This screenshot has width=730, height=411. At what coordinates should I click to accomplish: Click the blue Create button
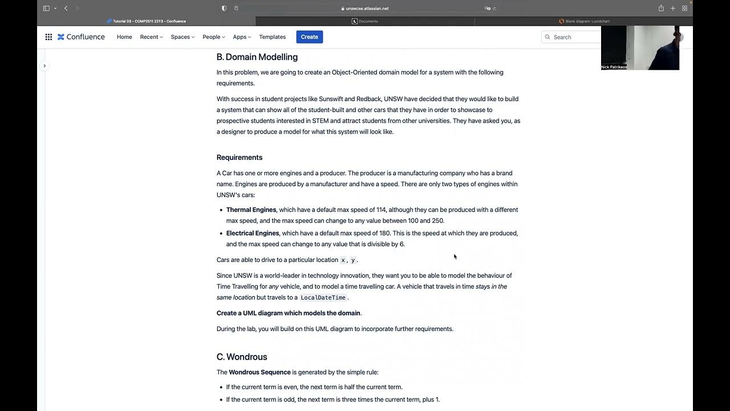click(x=309, y=37)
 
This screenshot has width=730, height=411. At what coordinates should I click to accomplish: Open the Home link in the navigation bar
click(x=124, y=37)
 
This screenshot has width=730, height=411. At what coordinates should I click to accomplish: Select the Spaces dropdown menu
click(x=182, y=37)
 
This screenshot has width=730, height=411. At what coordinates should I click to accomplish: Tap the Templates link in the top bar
click(x=272, y=37)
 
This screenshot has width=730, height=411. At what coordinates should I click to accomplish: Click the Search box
click(x=570, y=37)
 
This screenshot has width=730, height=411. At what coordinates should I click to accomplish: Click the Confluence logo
click(x=81, y=37)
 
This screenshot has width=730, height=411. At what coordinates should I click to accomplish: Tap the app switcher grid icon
click(x=48, y=37)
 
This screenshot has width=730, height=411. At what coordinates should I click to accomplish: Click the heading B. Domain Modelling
click(x=257, y=57)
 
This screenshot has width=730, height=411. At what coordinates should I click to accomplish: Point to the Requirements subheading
click(x=240, y=158)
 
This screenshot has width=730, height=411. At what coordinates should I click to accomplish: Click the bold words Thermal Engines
click(x=251, y=210)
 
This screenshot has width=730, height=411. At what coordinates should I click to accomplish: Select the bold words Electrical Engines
click(x=253, y=233)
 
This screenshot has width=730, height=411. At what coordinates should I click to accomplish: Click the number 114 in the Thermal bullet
click(x=382, y=210)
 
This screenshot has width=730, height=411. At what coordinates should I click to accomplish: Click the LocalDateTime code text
click(x=323, y=298)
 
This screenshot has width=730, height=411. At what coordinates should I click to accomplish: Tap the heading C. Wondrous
click(x=242, y=357)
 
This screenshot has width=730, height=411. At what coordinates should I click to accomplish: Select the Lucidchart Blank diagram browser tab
click(x=583, y=21)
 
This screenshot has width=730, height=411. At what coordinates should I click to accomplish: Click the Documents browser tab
click(x=365, y=21)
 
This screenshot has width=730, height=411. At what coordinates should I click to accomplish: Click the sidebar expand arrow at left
click(x=44, y=66)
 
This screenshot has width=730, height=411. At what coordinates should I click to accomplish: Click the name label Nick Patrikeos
click(x=614, y=67)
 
